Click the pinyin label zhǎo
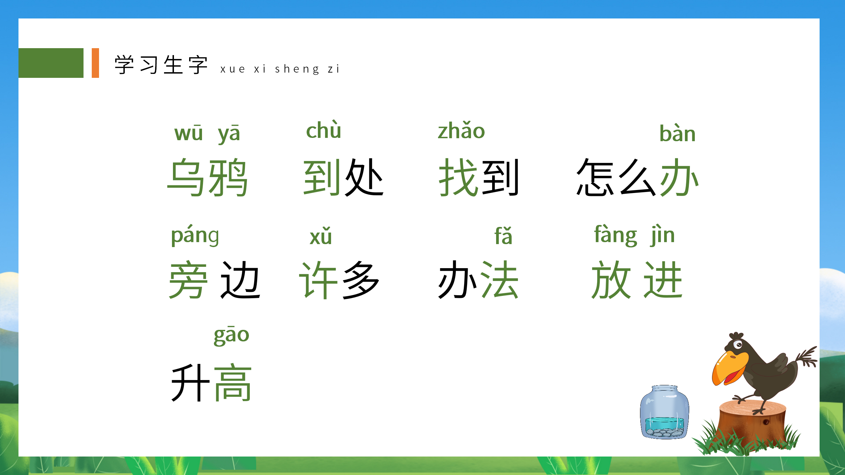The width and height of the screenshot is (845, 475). pyautogui.click(x=461, y=131)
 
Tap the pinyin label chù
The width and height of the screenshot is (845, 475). pyautogui.click(x=323, y=131)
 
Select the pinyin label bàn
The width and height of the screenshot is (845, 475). pyautogui.click(x=677, y=134)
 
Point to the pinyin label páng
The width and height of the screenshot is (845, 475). pyautogui.click(x=195, y=236)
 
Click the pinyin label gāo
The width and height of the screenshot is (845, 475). pyautogui.click(x=231, y=335)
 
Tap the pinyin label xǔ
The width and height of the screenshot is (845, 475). pyautogui.click(x=321, y=236)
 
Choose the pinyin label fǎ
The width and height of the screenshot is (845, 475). pyautogui.click(x=503, y=236)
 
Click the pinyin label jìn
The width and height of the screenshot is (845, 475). pyautogui.click(x=662, y=235)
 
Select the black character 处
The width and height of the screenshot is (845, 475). pyautogui.click(x=364, y=177)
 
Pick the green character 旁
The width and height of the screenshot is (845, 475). pyautogui.click(x=188, y=280)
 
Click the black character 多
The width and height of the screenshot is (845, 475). pyautogui.click(x=361, y=280)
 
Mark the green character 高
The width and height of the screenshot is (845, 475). pyautogui.click(x=233, y=383)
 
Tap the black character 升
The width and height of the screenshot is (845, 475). pyautogui.click(x=190, y=383)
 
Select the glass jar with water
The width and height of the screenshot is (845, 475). pyautogui.click(x=664, y=412)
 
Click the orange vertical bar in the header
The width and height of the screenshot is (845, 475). pyautogui.click(x=95, y=63)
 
